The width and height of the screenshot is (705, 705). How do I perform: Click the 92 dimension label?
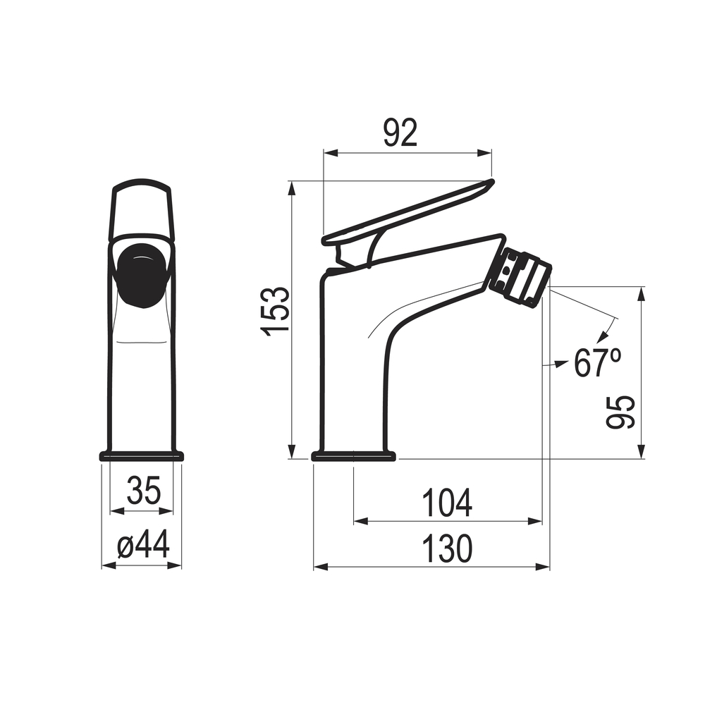coord(400,133)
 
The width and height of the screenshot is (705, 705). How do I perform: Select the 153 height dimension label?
coord(275,311)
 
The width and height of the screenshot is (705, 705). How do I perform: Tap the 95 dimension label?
coord(620,412)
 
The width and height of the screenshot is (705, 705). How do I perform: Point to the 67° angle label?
coord(598,362)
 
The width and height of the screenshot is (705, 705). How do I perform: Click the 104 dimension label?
coord(448,503)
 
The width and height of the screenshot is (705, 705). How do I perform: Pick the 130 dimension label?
coord(448,548)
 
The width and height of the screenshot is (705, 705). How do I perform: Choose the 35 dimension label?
coord(143,490)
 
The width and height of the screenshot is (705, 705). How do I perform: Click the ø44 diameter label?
coord(143,544)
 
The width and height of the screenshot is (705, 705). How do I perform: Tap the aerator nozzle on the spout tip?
coord(520,277)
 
